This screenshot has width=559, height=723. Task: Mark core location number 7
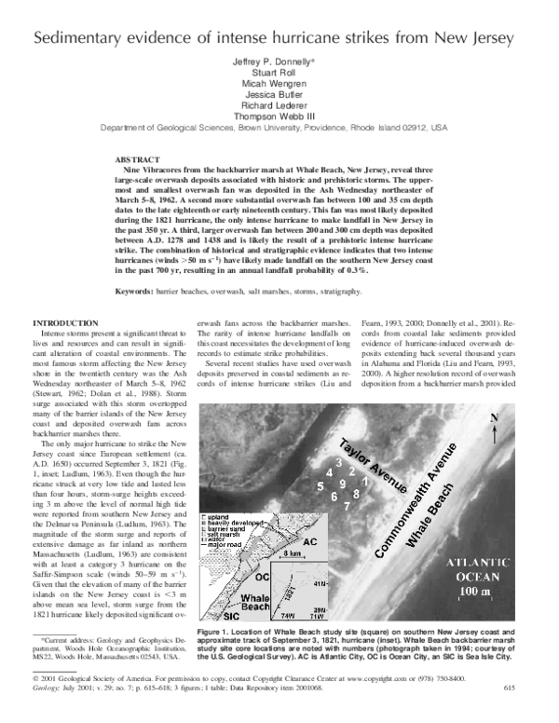[348, 505]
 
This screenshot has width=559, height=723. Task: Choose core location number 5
[320, 486]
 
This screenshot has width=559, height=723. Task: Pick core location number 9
[344, 484]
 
